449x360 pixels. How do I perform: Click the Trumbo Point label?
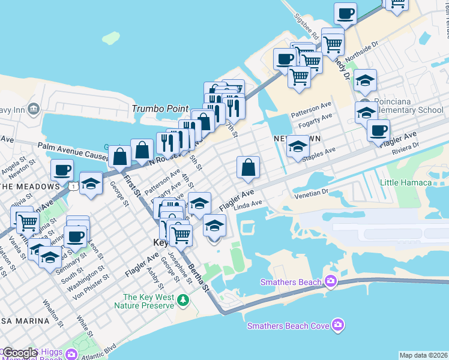pyautogui.click(x=160, y=109)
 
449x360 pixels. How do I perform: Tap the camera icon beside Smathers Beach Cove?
pyautogui.click(x=339, y=325)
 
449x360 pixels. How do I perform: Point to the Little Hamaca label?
pyautogui.click(x=406, y=182)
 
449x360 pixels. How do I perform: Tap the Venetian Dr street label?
pyautogui.click(x=312, y=194)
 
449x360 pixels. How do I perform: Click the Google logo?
pyautogui.click(x=19, y=353)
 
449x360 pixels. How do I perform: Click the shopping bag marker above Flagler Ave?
pyautogui.click(x=248, y=169)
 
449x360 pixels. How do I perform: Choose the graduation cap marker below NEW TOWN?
pyautogui.click(x=297, y=147)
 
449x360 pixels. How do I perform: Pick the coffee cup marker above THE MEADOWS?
pyautogui.click(x=62, y=170)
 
